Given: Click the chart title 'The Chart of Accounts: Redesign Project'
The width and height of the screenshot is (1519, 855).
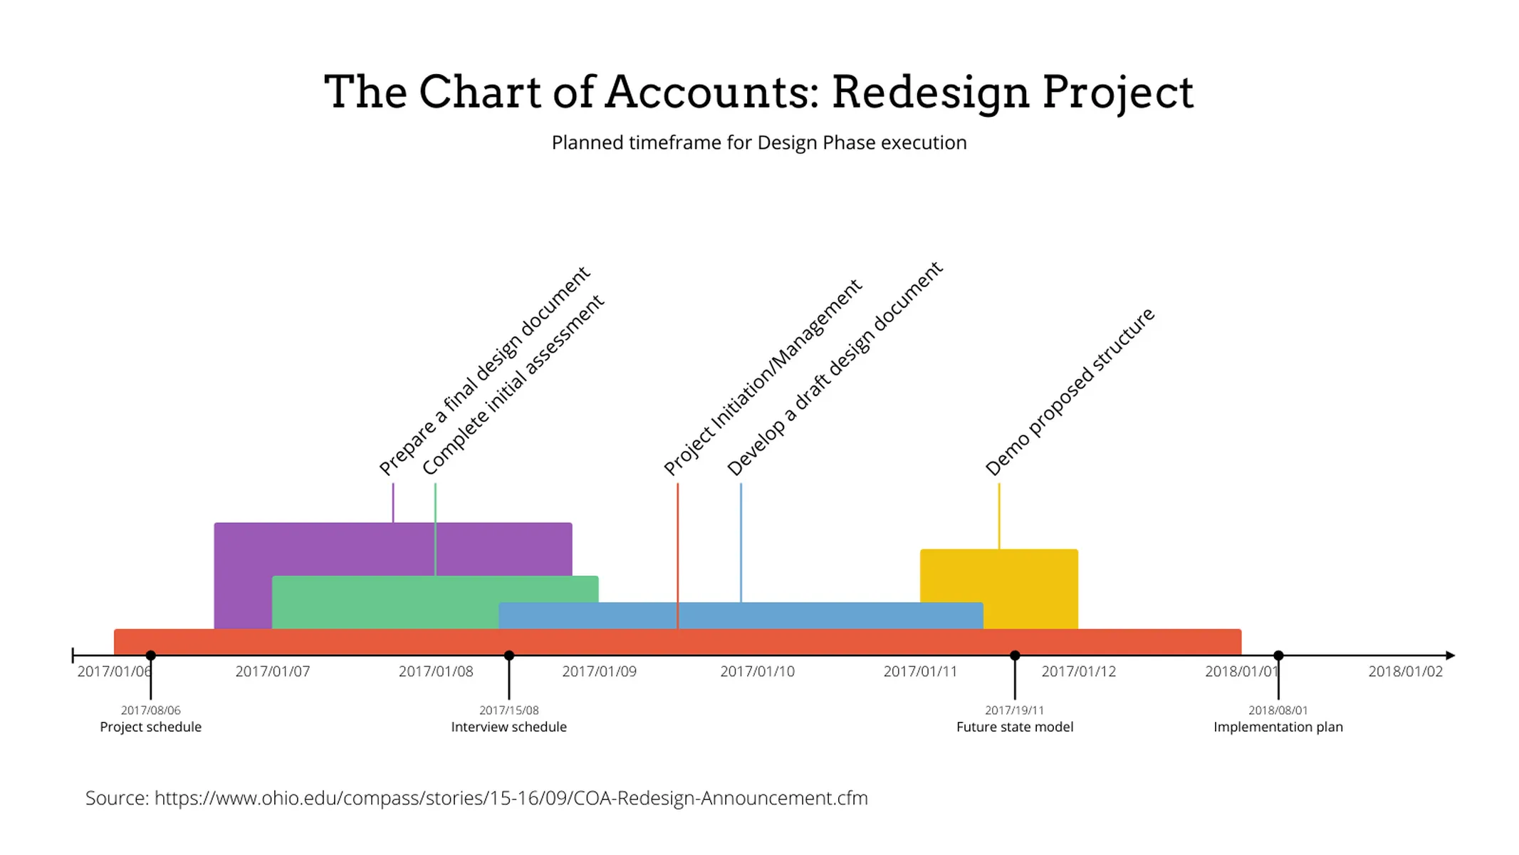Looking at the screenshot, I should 758,92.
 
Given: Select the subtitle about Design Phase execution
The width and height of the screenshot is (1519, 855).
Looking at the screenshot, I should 759,142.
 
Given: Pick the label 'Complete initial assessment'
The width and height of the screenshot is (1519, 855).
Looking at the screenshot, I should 513,385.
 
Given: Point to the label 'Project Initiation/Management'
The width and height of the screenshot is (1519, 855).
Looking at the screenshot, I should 763,377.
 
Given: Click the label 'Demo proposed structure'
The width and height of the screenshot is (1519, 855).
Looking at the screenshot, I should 1069,392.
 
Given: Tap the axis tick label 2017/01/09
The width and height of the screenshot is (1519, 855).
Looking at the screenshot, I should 599,672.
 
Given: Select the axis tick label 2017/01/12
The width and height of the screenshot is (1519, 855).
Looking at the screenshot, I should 1078,672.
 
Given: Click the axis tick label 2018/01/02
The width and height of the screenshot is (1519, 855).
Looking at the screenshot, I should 1405,672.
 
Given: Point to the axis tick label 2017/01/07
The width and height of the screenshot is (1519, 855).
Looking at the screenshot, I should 273,672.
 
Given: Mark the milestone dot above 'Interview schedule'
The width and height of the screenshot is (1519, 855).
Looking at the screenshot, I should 509,655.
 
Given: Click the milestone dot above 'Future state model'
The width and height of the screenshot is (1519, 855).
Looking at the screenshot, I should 1015,655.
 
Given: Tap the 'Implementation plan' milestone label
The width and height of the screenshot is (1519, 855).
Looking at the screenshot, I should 1278,727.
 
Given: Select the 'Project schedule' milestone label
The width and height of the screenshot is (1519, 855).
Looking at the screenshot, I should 150,727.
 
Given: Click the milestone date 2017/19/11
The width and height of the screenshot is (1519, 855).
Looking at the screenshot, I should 1014,710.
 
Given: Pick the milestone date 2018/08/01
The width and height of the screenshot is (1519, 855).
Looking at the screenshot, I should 1278,710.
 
